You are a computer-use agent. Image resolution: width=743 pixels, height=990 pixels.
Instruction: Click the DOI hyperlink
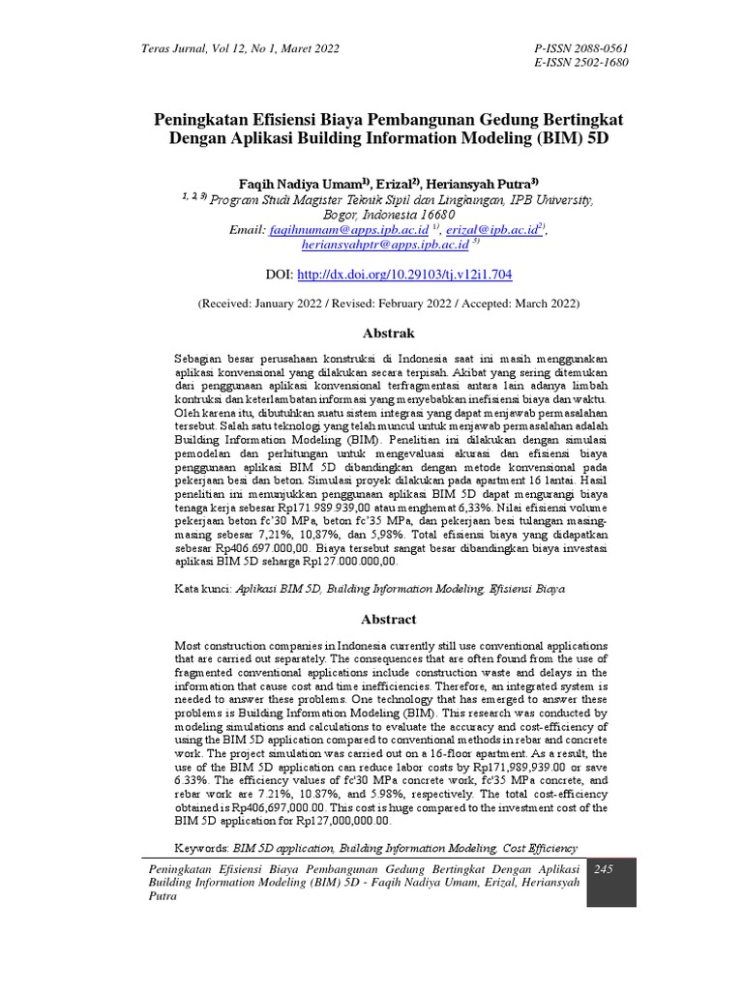[402, 275]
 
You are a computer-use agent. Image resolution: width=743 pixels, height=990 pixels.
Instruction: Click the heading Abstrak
[387, 333]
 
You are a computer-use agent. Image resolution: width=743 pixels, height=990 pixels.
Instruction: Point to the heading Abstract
[388, 619]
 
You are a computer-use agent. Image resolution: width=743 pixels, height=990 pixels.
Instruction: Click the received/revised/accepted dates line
[388, 303]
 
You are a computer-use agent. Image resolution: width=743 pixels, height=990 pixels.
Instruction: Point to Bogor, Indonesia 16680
[388, 215]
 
